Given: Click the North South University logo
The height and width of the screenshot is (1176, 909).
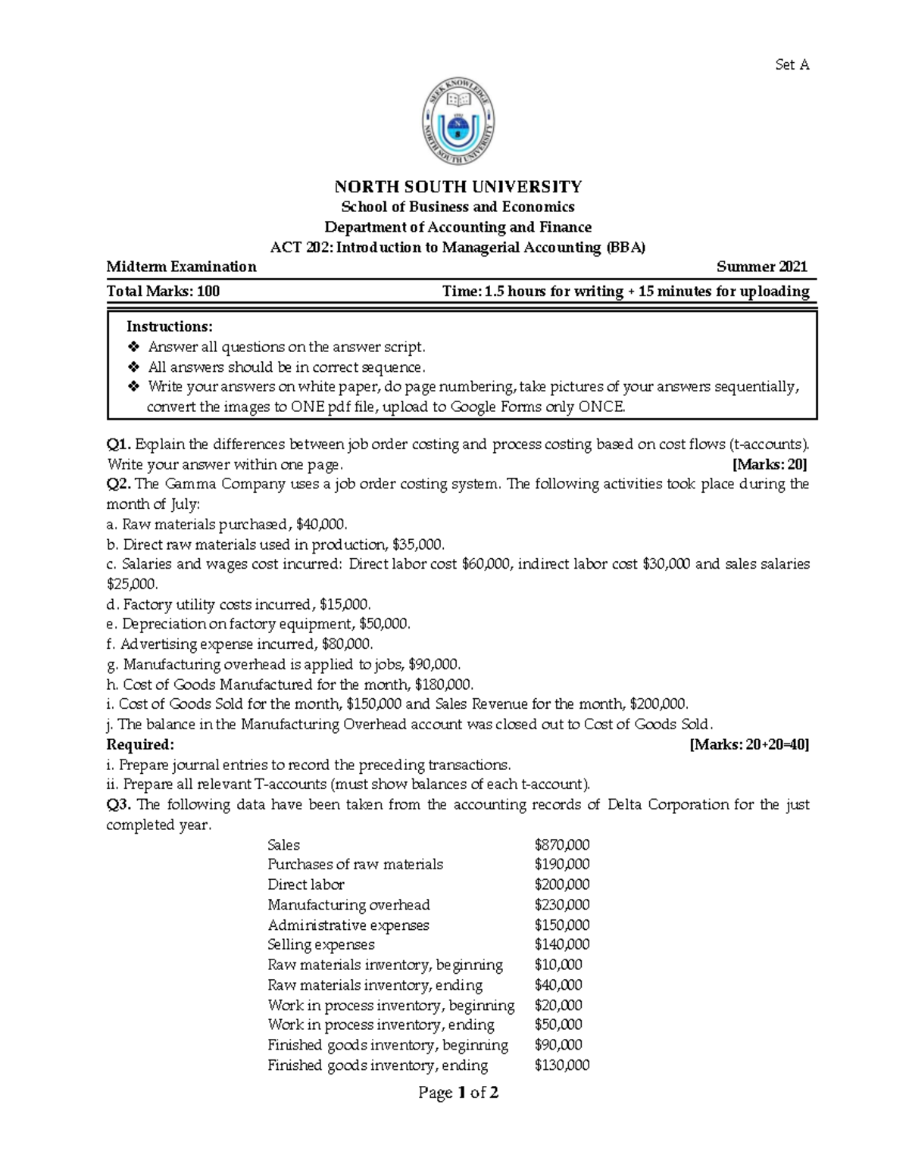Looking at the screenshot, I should (458, 121).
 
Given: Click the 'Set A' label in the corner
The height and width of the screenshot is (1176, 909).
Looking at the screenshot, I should (792, 65).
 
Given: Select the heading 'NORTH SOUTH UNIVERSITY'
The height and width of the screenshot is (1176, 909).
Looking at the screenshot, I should (458, 186).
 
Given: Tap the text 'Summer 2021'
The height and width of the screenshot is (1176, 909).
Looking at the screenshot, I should (761, 267).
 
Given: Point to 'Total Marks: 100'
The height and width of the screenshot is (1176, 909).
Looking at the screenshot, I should (163, 292).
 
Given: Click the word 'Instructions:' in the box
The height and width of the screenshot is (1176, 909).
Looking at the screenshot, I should (170, 326).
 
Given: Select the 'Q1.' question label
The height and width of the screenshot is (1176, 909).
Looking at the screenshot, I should (119, 445).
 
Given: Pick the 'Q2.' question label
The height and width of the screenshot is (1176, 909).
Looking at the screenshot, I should (119, 485).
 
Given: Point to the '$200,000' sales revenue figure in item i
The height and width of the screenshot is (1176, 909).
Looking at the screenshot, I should (658, 704).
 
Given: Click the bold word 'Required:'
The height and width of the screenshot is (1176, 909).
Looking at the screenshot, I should (140, 744).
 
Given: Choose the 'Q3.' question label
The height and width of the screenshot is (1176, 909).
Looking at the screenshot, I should (119, 804).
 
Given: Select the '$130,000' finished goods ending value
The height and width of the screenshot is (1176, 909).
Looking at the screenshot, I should (561, 1065).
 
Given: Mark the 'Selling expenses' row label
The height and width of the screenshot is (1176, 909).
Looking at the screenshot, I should (321, 945).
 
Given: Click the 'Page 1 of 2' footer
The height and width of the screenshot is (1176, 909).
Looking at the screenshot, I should (458, 1093).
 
